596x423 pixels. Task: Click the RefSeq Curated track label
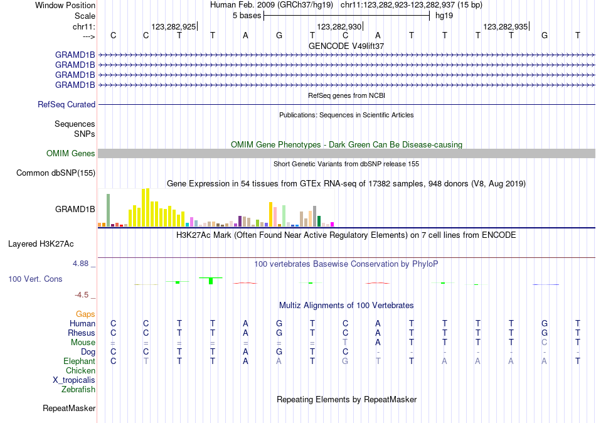(67, 105)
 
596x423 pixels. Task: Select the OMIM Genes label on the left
(71, 154)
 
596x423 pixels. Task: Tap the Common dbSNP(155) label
(56, 173)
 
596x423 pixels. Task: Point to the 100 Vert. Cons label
(35, 279)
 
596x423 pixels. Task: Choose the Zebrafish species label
(78, 390)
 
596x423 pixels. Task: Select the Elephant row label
(79, 361)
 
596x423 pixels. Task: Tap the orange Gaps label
(85, 314)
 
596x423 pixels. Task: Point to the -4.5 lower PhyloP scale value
(83, 295)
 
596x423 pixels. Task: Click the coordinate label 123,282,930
(339, 27)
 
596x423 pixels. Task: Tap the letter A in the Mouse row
(378, 343)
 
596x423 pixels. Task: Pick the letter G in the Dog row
(279, 352)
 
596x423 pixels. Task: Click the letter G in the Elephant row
(345, 361)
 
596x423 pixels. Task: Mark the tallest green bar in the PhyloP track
(211, 281)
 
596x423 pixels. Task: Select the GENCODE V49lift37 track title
(346, 46)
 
